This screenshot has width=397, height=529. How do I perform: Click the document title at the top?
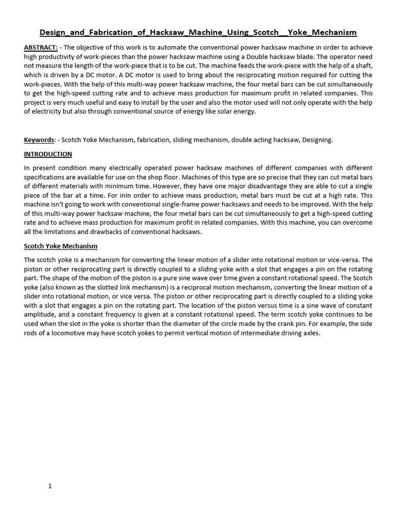(198, 32)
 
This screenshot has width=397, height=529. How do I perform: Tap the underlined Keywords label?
(39, 139)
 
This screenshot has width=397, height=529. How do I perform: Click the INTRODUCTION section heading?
(48, 154)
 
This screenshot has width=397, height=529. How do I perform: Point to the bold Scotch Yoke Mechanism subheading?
(60, 246)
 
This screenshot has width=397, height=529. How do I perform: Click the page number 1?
(50, 486)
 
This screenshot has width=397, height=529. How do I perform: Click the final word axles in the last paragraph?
(310, 333)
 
